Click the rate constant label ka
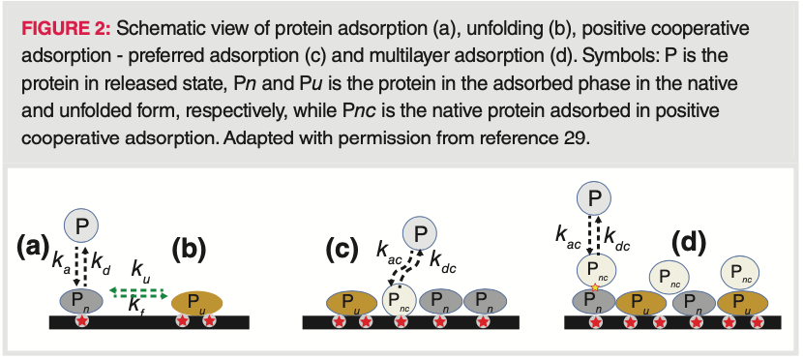(61, 261)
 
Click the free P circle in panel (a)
(81, 226)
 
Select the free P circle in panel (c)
(420, 232)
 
